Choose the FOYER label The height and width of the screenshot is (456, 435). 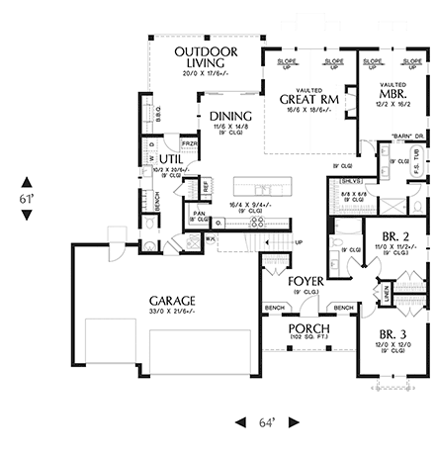[x=305, y=281]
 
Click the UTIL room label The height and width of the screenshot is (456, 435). [x=171, y=157]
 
